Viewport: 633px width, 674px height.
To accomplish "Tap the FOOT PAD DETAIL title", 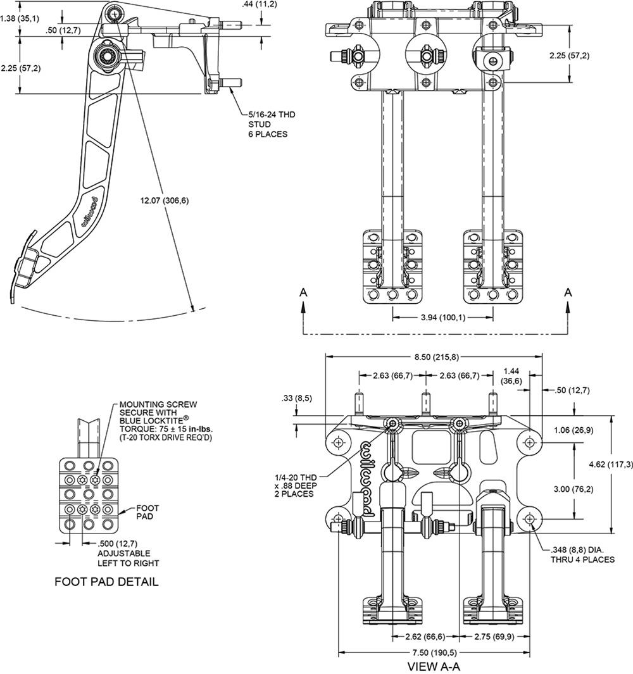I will pos(106,582).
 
